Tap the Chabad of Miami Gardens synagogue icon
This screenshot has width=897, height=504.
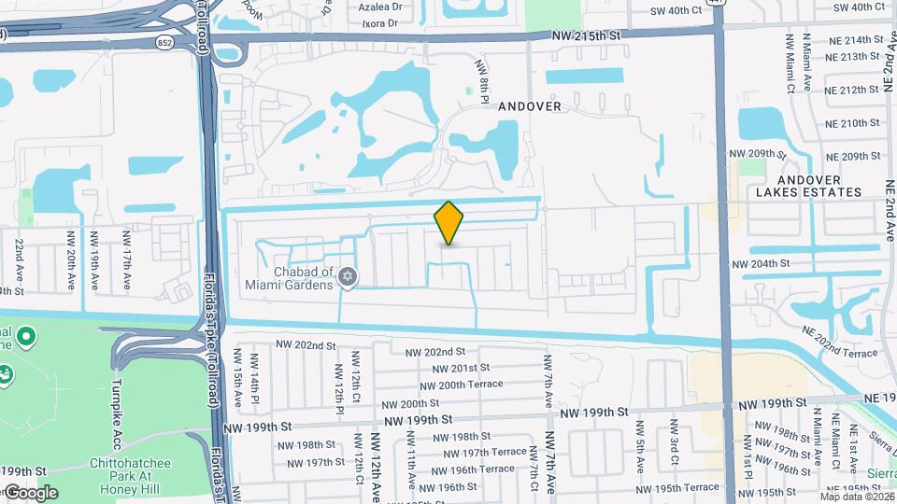348,277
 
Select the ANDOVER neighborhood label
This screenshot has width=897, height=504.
530,106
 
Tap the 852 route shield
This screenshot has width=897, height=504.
164,43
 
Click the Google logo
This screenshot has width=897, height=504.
31,492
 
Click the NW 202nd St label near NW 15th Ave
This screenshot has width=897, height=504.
306,345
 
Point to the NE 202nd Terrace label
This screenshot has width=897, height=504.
838,347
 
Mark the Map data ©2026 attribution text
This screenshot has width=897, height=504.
857,496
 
